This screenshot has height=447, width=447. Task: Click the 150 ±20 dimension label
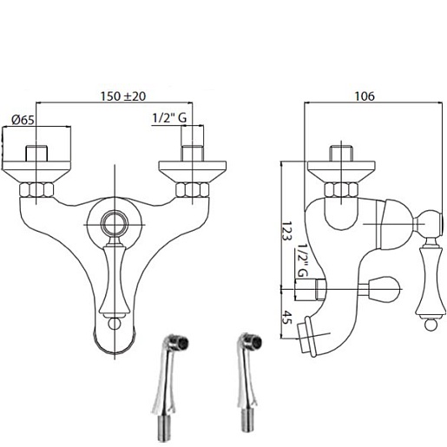[x=123, y=96]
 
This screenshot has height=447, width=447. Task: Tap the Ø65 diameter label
[x=23, y=120]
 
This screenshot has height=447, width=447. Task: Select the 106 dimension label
[x=365, y=96]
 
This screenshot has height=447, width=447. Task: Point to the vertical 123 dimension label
[x=286, y=231]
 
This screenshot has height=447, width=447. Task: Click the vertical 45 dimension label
[x=287, y=318]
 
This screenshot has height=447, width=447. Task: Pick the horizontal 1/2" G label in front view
[x=169, y=118]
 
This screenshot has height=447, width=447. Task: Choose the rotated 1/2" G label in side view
[x=303, y=260]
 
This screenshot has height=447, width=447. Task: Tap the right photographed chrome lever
[x=249, y=383]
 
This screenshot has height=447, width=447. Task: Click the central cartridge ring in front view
[x=115, y=224]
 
